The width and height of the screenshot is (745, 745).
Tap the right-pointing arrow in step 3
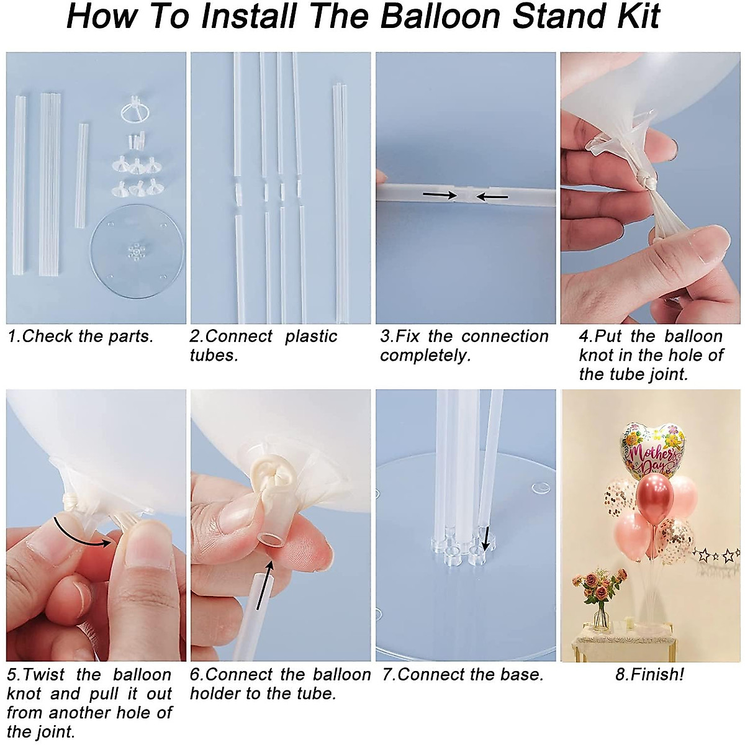pyautogui.click(x=439, y=195)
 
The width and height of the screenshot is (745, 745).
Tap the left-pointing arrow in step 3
pyautogui.click(x=492, y=197)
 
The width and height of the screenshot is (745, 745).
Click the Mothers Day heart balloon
pyautogui.click(x=651, y=449)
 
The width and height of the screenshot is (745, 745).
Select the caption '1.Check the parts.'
pyautogui.click(x=80, y=336)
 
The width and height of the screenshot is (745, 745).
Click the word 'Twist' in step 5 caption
pyautogui.click(x=44, y=674)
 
